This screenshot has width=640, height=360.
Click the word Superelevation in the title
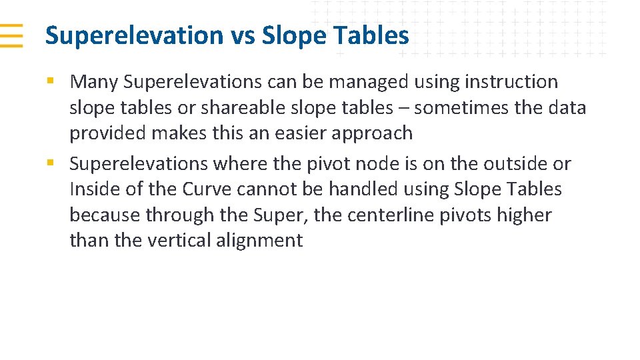pyautogui.click(x=134, y=35)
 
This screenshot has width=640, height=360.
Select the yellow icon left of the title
pyautogui.click(x=11, y=35)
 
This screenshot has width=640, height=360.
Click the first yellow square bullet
pyautogui.click(x=50, y=81)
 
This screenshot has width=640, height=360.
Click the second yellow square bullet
pyautogui.click(x=50, y=163)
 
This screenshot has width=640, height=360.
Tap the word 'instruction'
pyautogui.click(x=511, y=82)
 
